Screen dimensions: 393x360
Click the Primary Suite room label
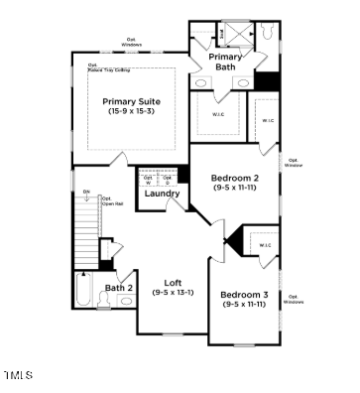coord(131,101)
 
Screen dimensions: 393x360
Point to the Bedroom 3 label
coord(243,295)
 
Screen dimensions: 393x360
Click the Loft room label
coord(172,282)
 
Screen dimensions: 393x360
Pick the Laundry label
coord(161,194)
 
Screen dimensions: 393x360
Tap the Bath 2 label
coord(119,288)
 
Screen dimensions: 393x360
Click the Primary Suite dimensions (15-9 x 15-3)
coord(131,111)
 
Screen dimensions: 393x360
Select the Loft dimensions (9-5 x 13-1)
coord(173,293)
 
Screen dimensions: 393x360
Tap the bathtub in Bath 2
coord(82,293)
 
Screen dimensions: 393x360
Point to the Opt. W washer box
coord(149,180)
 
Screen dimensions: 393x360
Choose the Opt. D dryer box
coord(168,180)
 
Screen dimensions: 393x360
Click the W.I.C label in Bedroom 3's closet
coord(265,244)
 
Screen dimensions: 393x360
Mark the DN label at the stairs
coord(86,191)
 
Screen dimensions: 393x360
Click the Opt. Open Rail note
coord(111,200)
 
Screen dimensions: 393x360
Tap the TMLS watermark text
coord(18,375)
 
